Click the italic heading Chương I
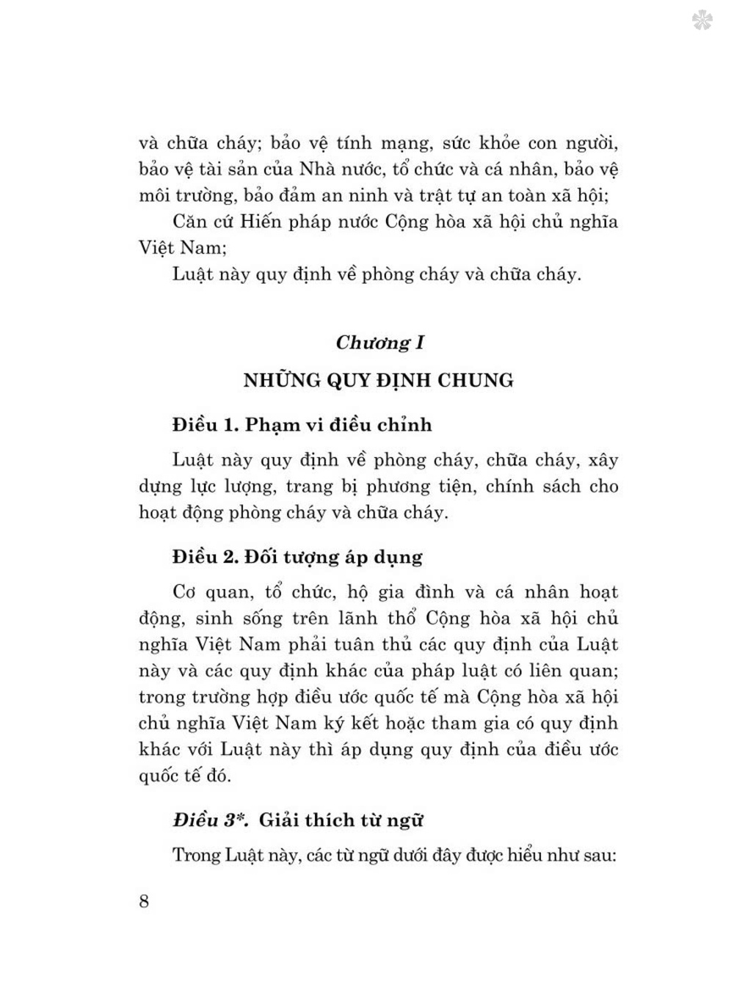379,343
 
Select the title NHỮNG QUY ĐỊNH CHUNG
379,380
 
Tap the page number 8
144,900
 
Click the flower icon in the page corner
702,21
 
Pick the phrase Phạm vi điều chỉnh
338,425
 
